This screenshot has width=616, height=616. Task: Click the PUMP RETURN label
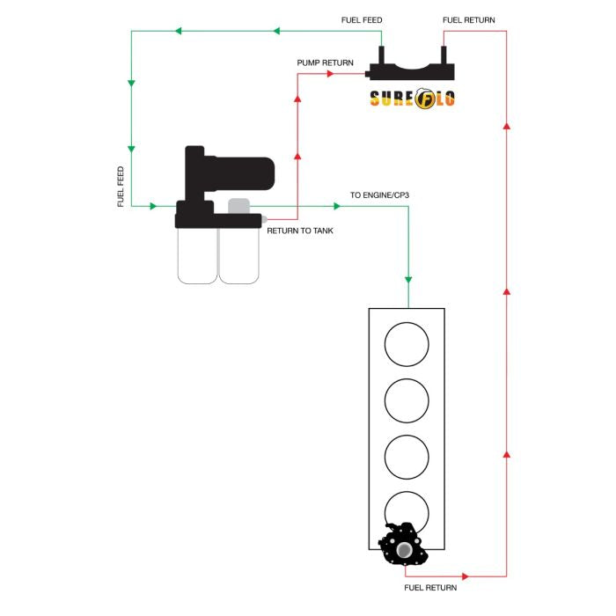[x=326, y=63]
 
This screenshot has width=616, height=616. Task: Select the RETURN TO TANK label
[x=300, y=231]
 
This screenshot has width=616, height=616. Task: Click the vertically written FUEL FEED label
[x=121, y=187]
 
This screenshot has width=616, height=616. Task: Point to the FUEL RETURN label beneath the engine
[x=431, y=586]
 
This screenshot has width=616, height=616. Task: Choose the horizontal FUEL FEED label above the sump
[x=362, y=19]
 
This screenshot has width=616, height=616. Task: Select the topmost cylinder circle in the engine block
[x=407, y=344]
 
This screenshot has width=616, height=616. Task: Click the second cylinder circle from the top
[x=407, y=401]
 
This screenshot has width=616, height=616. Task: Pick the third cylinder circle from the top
[x=407, y=458]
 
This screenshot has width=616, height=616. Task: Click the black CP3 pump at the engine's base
[x=404, y=546]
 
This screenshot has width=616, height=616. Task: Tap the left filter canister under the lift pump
[x=197, y=256]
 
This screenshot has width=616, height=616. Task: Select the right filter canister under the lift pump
[x=238, y=256]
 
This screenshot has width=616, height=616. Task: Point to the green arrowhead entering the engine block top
[x=407, y=279]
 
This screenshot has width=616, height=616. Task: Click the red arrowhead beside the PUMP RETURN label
[x=332, y=74]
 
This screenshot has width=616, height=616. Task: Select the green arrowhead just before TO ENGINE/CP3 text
[x=336, y=206]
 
